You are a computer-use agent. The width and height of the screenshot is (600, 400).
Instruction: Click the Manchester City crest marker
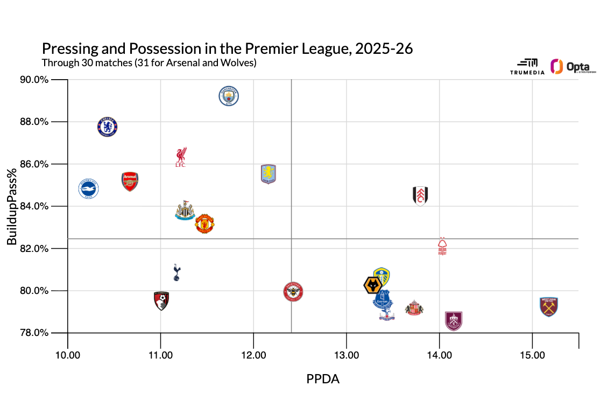[229, 96]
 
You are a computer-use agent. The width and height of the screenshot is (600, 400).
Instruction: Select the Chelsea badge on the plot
[108, 127]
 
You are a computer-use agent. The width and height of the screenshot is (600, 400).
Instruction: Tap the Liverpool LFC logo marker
[181, 157]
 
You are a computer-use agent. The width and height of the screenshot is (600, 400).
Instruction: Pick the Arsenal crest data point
[130, 182]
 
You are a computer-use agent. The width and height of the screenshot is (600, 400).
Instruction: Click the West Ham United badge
[548, 306]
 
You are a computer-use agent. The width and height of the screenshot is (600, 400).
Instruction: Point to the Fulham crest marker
[420, 196]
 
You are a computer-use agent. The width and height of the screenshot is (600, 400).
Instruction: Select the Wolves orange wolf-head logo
[373, 285]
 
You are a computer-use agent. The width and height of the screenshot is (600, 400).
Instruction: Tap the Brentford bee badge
[293, 292]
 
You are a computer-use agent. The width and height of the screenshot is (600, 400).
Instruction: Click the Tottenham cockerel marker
[177, 272]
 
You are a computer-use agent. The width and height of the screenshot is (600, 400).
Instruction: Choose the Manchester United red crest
[204, 223]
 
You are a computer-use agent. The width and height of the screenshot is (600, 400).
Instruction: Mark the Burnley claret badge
[454, 321]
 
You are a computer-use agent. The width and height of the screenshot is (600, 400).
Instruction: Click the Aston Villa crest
[268, 174]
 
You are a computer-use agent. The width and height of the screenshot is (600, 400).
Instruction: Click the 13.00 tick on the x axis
[347, 356]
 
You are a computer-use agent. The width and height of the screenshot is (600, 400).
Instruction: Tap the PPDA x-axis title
[323, 379]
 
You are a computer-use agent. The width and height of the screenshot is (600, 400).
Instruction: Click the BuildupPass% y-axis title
[11, 207]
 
